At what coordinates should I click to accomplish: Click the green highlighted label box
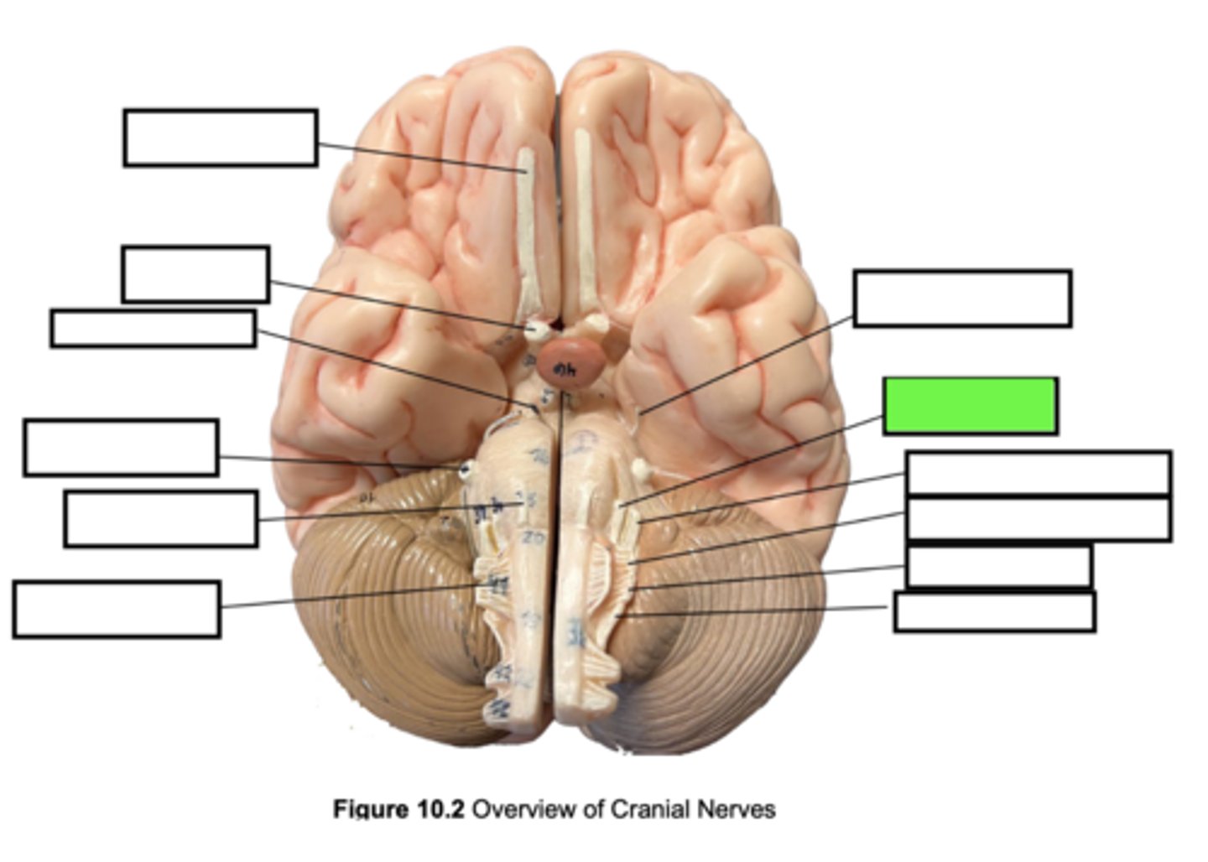(970, 406)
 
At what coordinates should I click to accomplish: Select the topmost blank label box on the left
(220, 138)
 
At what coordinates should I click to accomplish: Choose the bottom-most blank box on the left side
(117, 609)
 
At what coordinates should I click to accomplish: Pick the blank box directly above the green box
(962, 298)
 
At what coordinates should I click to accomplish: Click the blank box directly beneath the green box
(1039, 473)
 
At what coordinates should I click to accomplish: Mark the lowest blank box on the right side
(994, 611)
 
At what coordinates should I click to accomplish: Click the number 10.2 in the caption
(441, 809)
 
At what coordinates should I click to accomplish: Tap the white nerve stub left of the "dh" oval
(534, 329)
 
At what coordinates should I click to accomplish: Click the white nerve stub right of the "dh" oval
(597, 322)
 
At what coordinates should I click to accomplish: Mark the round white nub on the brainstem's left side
(465, 470)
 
